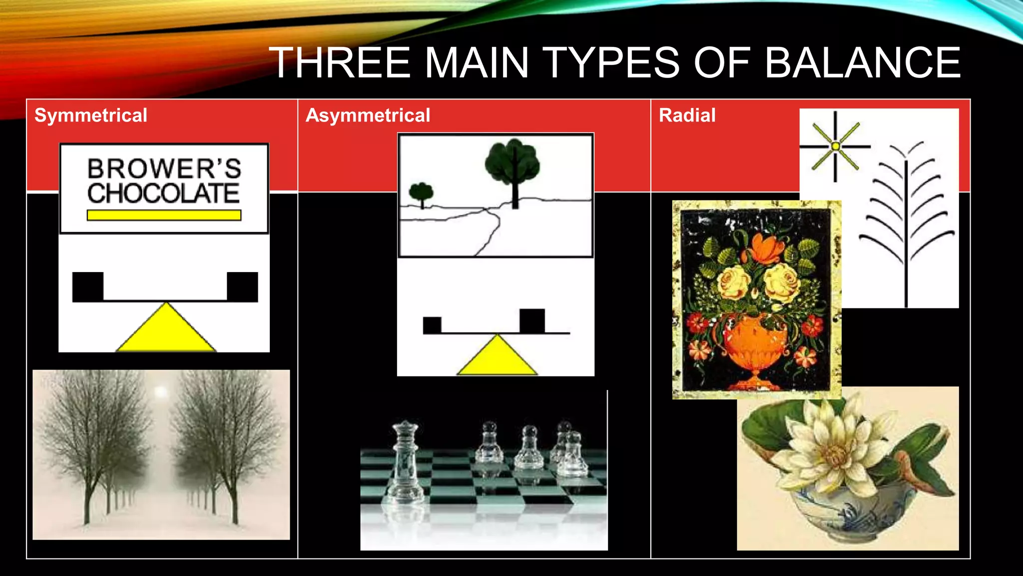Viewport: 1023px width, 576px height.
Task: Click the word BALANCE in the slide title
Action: pos(863,63)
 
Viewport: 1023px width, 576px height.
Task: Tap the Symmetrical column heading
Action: pos(91,115)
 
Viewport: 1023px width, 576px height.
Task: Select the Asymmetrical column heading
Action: pos(368,115)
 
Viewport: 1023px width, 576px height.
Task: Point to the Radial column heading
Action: pos(687,115)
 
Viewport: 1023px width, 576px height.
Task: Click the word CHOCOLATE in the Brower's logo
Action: pos(163,193)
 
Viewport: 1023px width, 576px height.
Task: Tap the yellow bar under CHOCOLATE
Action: pos(164,215)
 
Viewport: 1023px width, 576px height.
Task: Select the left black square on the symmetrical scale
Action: pos(88,286)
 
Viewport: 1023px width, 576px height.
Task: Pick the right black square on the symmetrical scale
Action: pos(242,286)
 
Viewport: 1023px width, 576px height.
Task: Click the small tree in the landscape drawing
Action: pos(421,193)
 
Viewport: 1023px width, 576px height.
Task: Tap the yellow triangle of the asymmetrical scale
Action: pos(497,357)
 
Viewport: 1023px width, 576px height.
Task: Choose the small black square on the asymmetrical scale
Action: pos(432,325)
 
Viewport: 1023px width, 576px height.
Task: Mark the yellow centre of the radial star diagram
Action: pos(835,146)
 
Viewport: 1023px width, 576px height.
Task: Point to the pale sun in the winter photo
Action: pos(160,392)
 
